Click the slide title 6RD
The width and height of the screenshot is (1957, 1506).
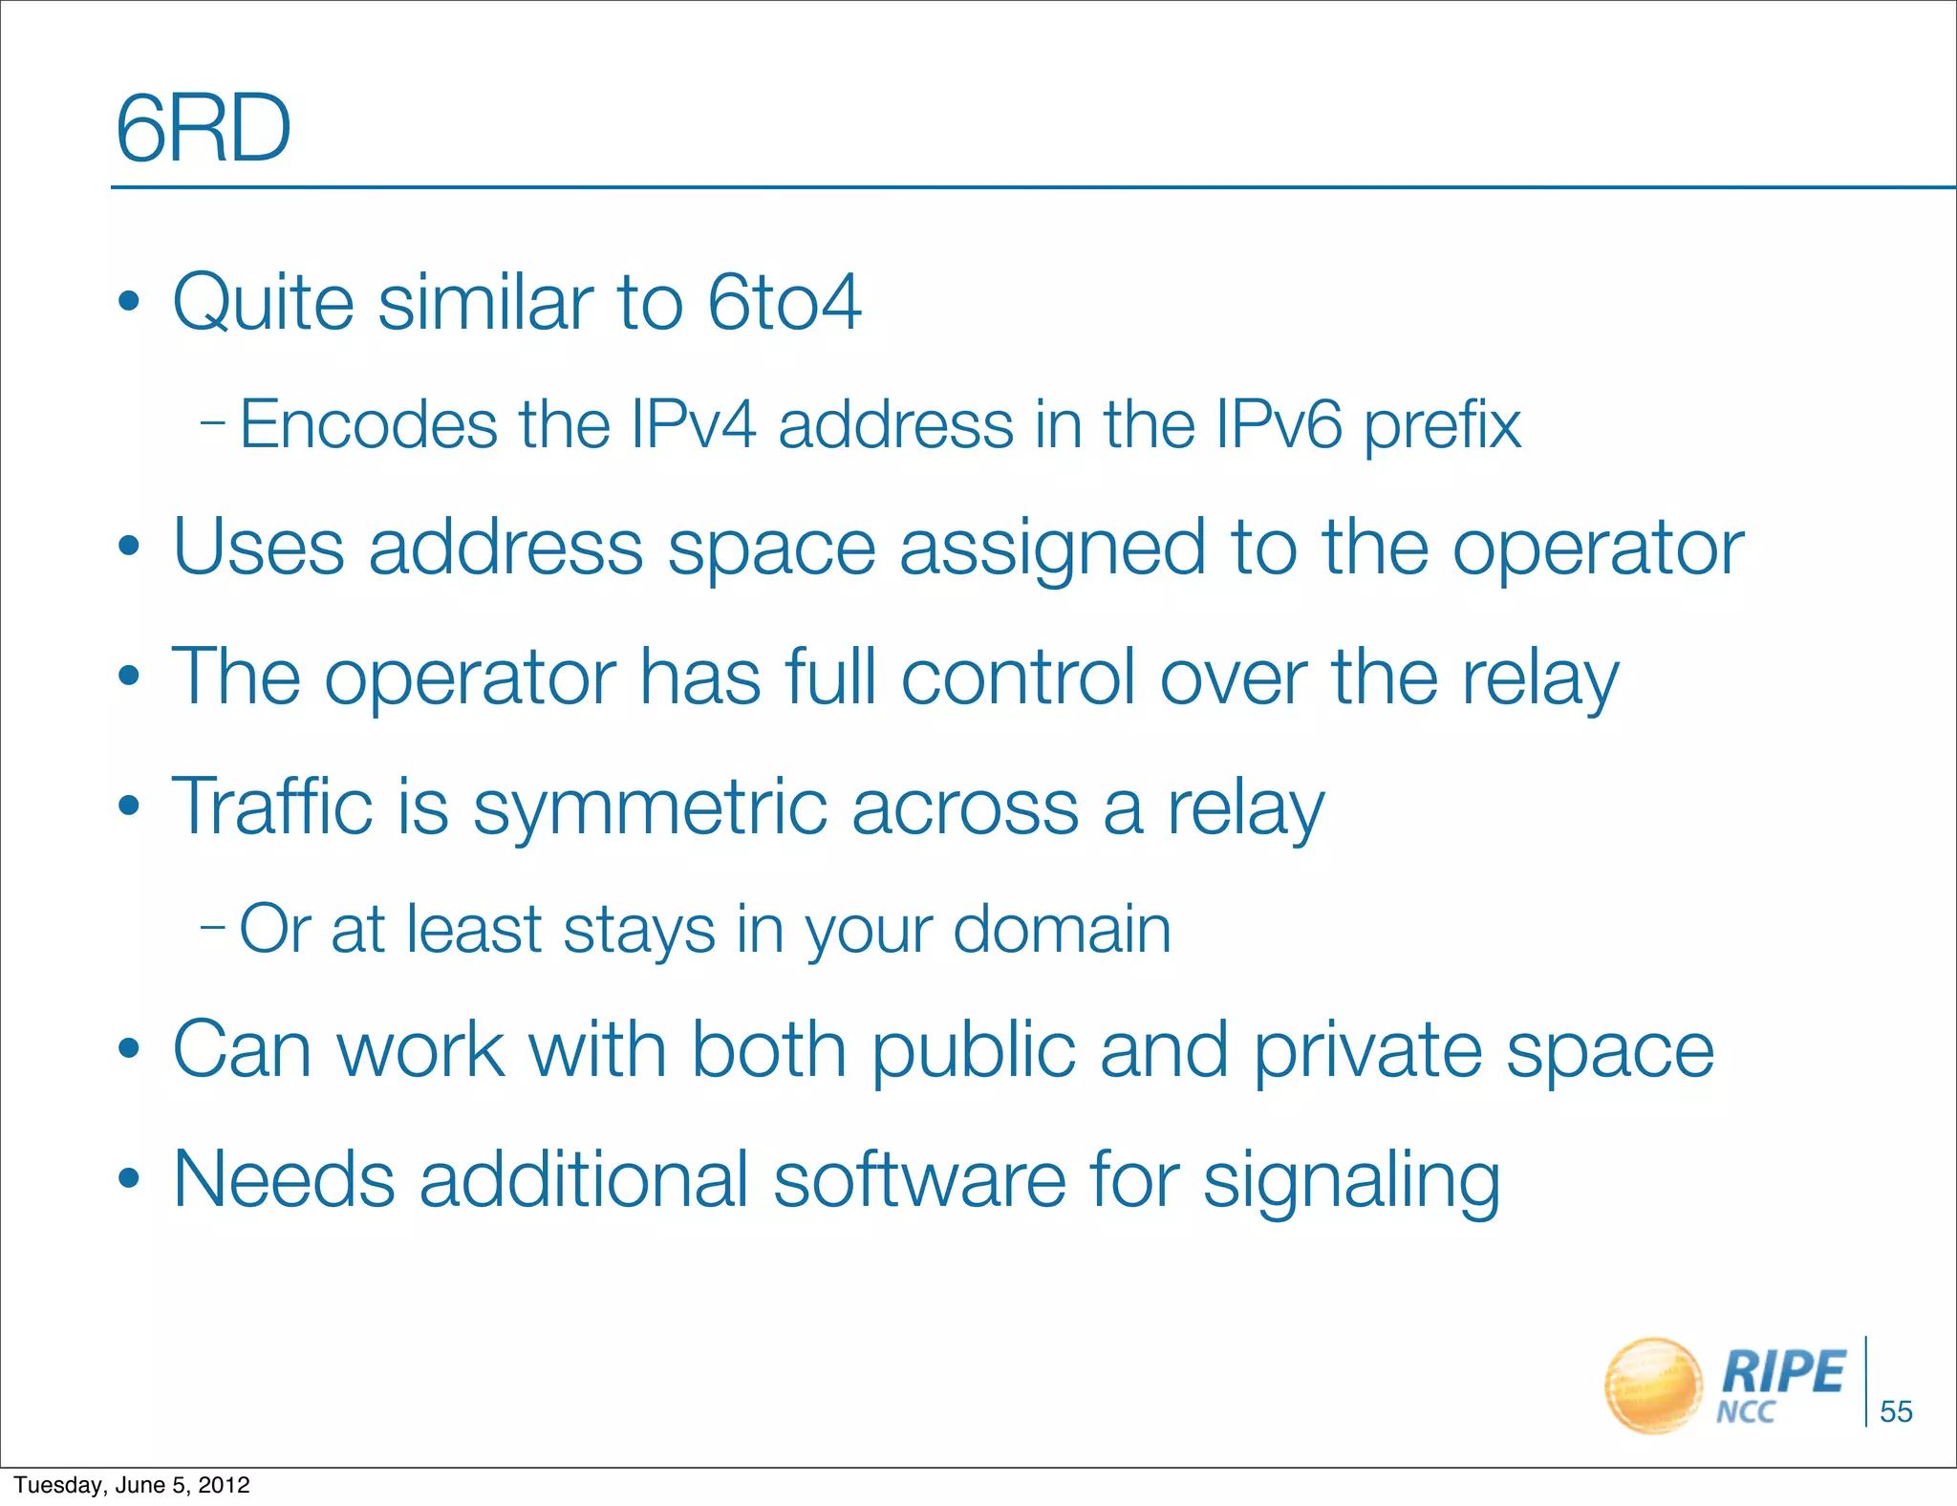pos(203,129)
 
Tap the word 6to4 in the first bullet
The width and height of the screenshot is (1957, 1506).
pos(784,302)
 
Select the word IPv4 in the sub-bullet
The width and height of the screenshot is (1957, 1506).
pos(694,424)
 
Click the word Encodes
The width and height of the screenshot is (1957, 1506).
pos(368,424)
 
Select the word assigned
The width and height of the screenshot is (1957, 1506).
pos(1052,549)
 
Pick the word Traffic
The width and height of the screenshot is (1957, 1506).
pos(271,807)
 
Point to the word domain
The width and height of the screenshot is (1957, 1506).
pos(1062,929)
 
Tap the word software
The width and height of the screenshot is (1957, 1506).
pos(918,1179)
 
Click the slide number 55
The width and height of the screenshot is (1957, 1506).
pos(1896,1411)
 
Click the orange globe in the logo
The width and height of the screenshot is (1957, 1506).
pos(1653,1386)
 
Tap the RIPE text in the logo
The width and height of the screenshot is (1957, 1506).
pos(1783,1372)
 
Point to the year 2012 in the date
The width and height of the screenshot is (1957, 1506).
pos(225,1485)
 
